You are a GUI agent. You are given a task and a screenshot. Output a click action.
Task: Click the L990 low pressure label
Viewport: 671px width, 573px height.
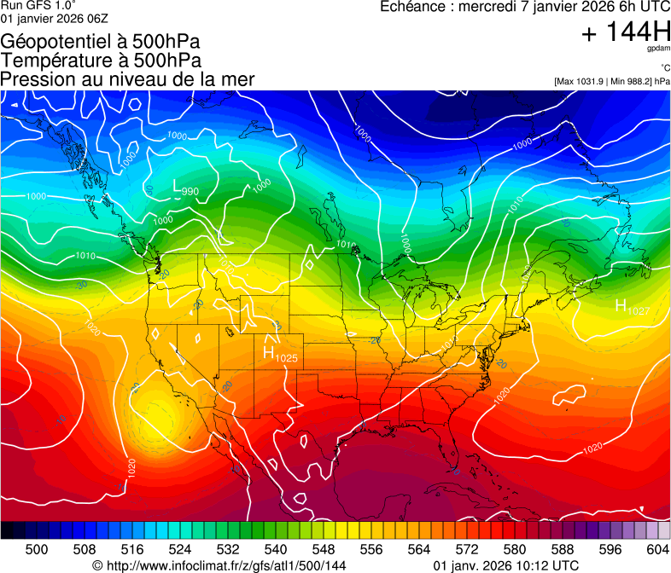pos(186,188)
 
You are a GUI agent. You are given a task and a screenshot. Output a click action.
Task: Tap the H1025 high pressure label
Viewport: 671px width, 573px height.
pos(280,354)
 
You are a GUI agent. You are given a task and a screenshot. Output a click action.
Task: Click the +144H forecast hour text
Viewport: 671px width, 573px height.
pos(625,32)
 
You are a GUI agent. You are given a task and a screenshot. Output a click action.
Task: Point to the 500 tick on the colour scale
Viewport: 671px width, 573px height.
pos(37,548)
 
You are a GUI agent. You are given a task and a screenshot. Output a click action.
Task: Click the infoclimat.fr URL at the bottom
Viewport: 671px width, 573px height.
pos(219,565)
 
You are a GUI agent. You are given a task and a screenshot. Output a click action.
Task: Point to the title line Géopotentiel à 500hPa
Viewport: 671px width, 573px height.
pos(101,41)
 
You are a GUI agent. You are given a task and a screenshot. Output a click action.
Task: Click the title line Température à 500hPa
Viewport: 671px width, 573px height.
pos(101,60)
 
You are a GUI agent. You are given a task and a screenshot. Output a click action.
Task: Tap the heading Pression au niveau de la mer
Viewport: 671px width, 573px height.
pos(127,79)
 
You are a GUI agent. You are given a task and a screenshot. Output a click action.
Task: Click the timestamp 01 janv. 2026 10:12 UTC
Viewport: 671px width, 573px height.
pos(506,565)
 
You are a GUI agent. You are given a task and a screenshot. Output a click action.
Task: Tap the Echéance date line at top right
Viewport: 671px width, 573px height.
pos(524,7)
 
